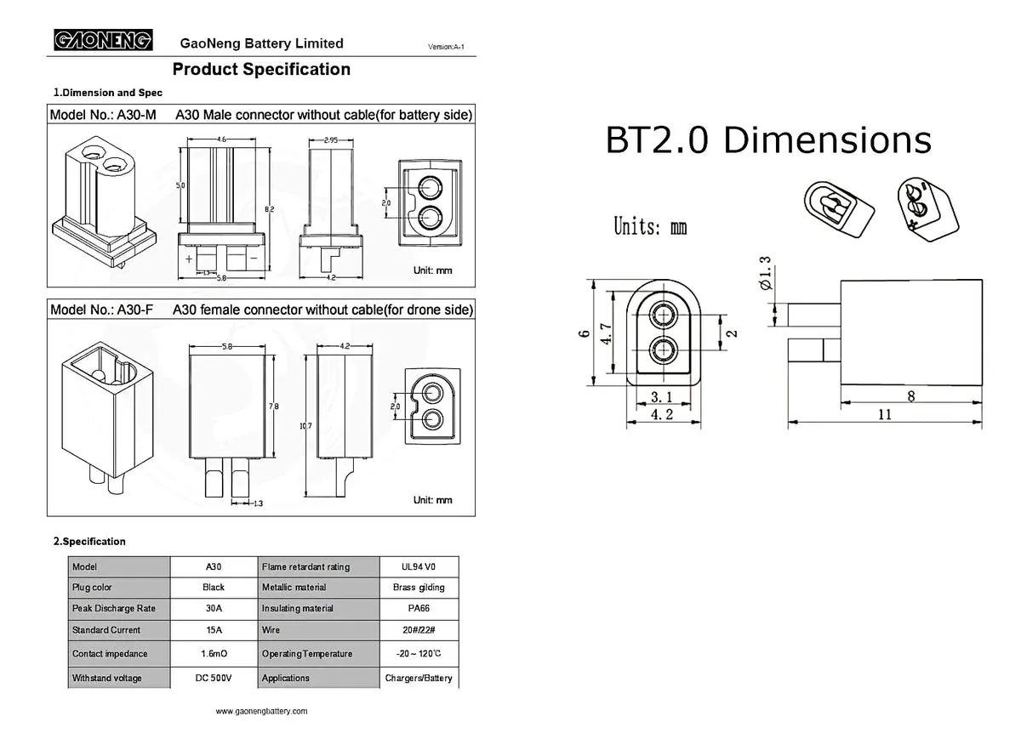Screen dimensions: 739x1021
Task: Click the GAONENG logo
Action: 103,40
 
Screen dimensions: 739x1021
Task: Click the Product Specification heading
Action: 261,70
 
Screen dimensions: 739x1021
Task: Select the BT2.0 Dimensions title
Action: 767,140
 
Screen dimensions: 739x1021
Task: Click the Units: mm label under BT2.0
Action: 650,227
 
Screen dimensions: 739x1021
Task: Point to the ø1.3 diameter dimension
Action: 765,273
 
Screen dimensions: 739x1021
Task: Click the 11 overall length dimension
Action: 885,413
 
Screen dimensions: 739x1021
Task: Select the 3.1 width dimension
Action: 662,396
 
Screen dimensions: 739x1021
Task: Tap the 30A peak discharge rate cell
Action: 214,609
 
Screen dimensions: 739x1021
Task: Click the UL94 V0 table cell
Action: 419,566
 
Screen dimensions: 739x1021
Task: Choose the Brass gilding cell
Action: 419,588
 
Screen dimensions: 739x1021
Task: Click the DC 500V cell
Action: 214,678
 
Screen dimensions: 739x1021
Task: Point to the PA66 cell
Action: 419,609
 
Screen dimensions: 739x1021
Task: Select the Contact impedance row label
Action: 110,654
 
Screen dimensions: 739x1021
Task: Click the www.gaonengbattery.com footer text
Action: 261,711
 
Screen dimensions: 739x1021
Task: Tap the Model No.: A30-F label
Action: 101,310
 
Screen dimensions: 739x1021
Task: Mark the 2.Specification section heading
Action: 89,541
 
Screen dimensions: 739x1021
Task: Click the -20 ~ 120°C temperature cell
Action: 419,654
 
